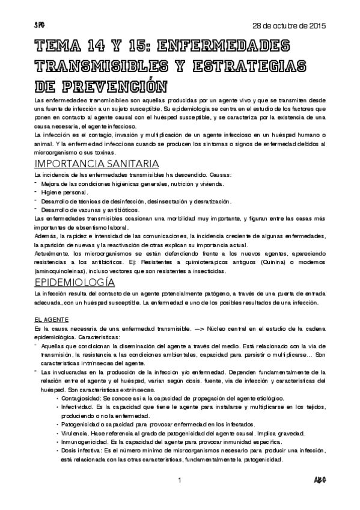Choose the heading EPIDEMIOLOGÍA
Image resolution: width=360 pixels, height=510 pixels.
coord(73,282)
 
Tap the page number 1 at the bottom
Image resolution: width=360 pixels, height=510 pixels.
coord(180,480)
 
